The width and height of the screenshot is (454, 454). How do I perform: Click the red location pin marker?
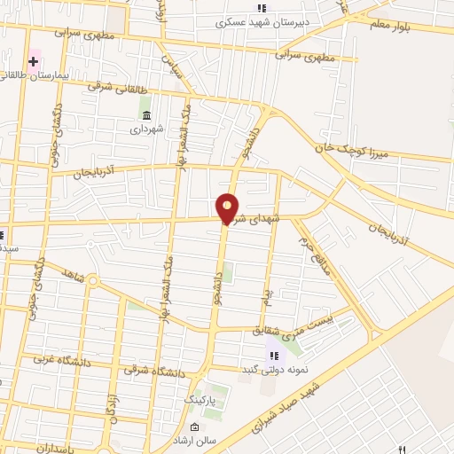click(x=228, y=208)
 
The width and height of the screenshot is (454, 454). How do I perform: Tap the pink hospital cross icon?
click(x=34, y=61)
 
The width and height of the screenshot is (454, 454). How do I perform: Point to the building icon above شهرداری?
click(x=146, y=115)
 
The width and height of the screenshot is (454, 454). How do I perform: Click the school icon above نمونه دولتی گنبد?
click(x=270, y=355)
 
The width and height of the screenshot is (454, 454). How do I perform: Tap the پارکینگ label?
click(x=200, y=401)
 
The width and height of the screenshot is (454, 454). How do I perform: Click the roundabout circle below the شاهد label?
click(x=93, y=282)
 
